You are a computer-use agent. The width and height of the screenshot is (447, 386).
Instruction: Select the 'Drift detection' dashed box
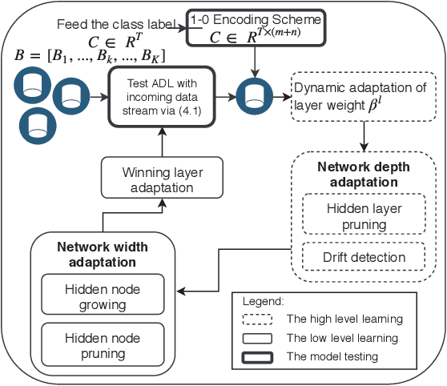pos(364,258)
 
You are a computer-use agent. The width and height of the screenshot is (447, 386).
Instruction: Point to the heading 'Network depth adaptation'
pos(364,175)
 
